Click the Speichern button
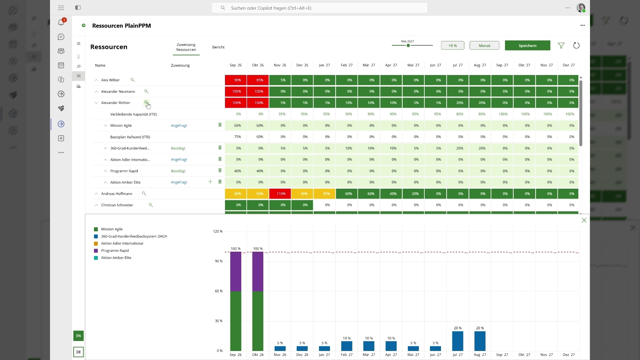527,46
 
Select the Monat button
484,46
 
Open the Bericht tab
218,47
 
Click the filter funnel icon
561,46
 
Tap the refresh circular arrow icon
576,46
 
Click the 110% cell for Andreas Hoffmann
281,194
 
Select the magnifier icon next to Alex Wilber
133,80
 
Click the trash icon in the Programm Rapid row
220,171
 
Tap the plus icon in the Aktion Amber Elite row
210,182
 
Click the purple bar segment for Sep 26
236,272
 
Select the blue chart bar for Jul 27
458,341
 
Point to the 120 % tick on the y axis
218,231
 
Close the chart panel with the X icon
584,220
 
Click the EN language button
78,336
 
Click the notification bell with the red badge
61,22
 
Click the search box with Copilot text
319,8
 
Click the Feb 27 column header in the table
347,65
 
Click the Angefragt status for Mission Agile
179,126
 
